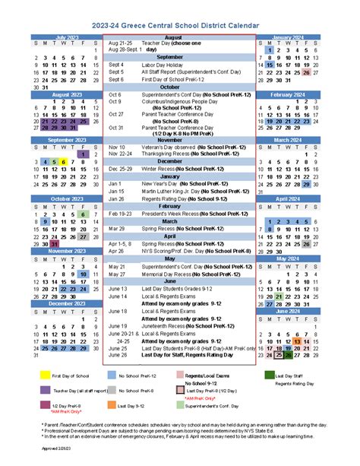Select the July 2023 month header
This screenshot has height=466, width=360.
(x=66, y=36)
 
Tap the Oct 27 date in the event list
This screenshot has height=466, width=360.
(x=115, y=114)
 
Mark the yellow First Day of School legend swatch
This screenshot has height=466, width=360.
(x=44, y=375)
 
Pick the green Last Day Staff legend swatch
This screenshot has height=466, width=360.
(x=270, y=375)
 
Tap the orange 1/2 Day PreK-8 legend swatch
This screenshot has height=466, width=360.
(x=112, y=405)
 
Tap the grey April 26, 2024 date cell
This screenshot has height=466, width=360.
(x=305, y=244)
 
